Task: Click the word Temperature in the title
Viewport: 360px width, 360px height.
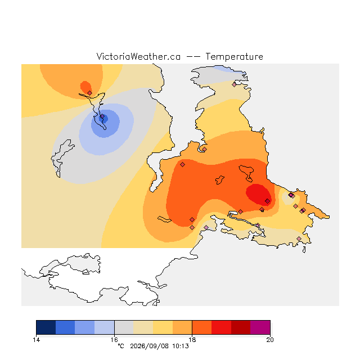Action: click(x=234, y=56)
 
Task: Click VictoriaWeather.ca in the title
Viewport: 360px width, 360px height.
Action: click(x=138, y=56)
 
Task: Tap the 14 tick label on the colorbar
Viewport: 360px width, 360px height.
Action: click(x=36, y=340)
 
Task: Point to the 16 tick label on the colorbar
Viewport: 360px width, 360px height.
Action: click(x=114, y=340)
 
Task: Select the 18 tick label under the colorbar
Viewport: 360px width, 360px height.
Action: click(x=192, y=340)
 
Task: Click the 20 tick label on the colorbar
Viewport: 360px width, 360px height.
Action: click(x=270, y=340)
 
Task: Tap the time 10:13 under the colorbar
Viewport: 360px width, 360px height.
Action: click(x=181, y=346)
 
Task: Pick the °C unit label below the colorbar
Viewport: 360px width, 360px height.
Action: click(x=121, y=346)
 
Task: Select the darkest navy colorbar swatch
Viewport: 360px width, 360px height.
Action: click(x=46, y=327)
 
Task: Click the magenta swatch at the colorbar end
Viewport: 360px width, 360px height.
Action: click(x=260, y=327)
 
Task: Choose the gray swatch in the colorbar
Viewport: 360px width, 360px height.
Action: click(x=124, y=327)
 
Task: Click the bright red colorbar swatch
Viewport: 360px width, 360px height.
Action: click(x=221, y=327)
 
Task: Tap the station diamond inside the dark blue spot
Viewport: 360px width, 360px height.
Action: click(x=102, y=116)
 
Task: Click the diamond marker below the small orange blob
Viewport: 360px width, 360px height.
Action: click(x=90, y=93)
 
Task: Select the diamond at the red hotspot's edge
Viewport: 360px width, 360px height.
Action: click(x=268, y=201)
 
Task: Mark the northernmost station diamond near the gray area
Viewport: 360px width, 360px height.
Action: click(x=234, y=84)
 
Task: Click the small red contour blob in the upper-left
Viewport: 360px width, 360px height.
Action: click(x=85, y=87)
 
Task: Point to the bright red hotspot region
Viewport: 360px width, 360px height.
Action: click(x=258, y=194)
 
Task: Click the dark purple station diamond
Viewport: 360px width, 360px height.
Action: click(x=291, y=195)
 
